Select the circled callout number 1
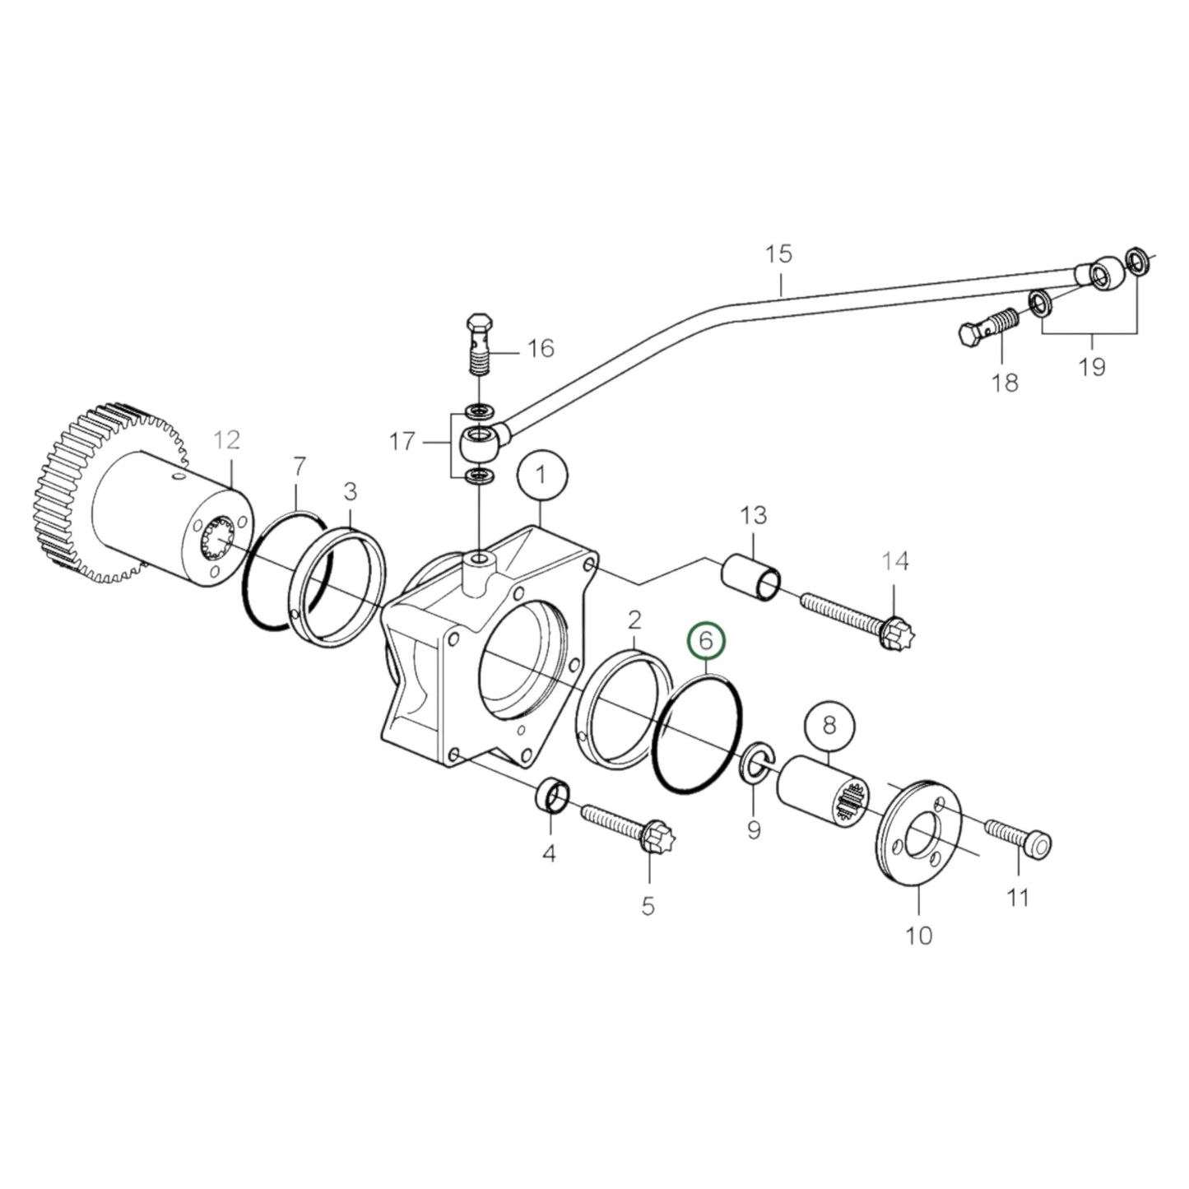pyautogui.click(x=541, y=475)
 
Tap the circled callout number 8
pyautogui.click(x=829, y=725)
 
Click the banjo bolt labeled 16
pyautogui.click(x=480, y=345)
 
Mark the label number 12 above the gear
pyautogui.click(x=226, y=440)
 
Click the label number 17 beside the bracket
pyautogui.click(x=402, y=443)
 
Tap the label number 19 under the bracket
pyautogui.click(x=1092, y=366)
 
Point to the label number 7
pyautogui.click(x=300, y=467)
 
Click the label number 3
pyautogui.click(x=351, y=492)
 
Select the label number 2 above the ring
pyautogui.click(x=634, y=618)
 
